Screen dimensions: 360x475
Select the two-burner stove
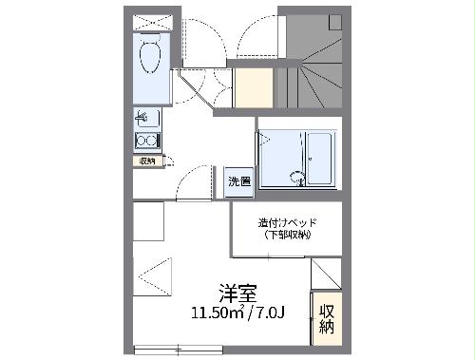147,142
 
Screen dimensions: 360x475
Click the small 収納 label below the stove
146,161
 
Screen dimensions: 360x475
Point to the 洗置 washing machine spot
238,181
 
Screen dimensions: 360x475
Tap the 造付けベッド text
287,224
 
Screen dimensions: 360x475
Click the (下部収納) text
287,236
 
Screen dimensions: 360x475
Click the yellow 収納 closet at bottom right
326,316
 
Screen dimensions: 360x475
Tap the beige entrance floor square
253,88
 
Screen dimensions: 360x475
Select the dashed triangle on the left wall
151,275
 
